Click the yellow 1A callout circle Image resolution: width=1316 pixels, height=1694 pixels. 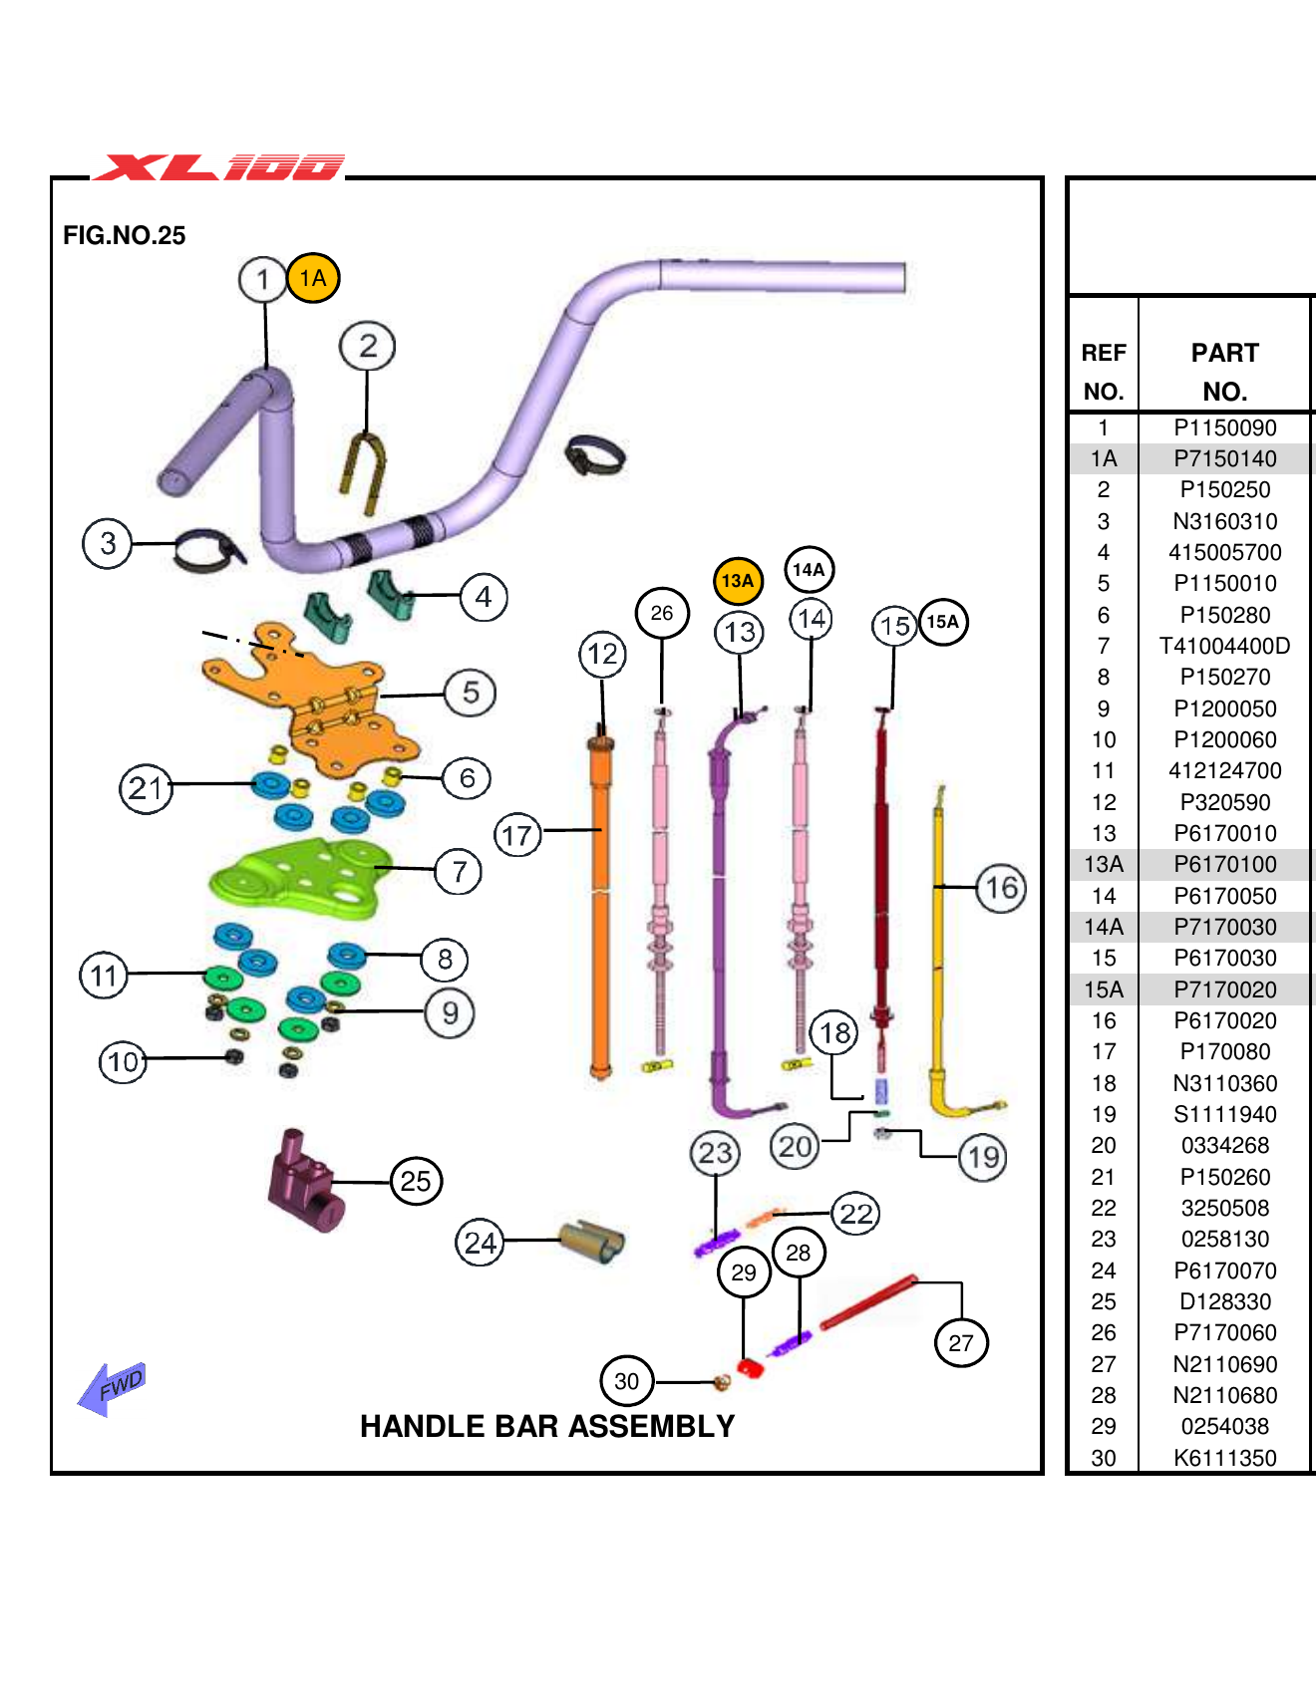point(313,278)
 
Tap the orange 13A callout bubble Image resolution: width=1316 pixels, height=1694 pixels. point(738,580)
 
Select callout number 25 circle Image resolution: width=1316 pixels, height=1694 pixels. point(416,1181)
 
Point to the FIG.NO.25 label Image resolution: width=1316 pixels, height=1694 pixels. point(124,235)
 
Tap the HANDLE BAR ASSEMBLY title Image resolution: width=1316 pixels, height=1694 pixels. point(546,1426)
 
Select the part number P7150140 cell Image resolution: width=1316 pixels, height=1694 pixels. point(1224,458)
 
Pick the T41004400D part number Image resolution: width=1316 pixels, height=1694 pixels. point(1224,646)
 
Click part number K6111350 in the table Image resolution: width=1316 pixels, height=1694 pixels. point(1224,1458)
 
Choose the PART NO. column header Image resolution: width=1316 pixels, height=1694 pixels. point(1224,372)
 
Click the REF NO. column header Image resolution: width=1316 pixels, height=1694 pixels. point(1104,372)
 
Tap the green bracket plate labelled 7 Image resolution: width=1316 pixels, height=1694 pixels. point(299,877)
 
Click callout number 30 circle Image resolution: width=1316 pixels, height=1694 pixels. point(627,1381)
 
